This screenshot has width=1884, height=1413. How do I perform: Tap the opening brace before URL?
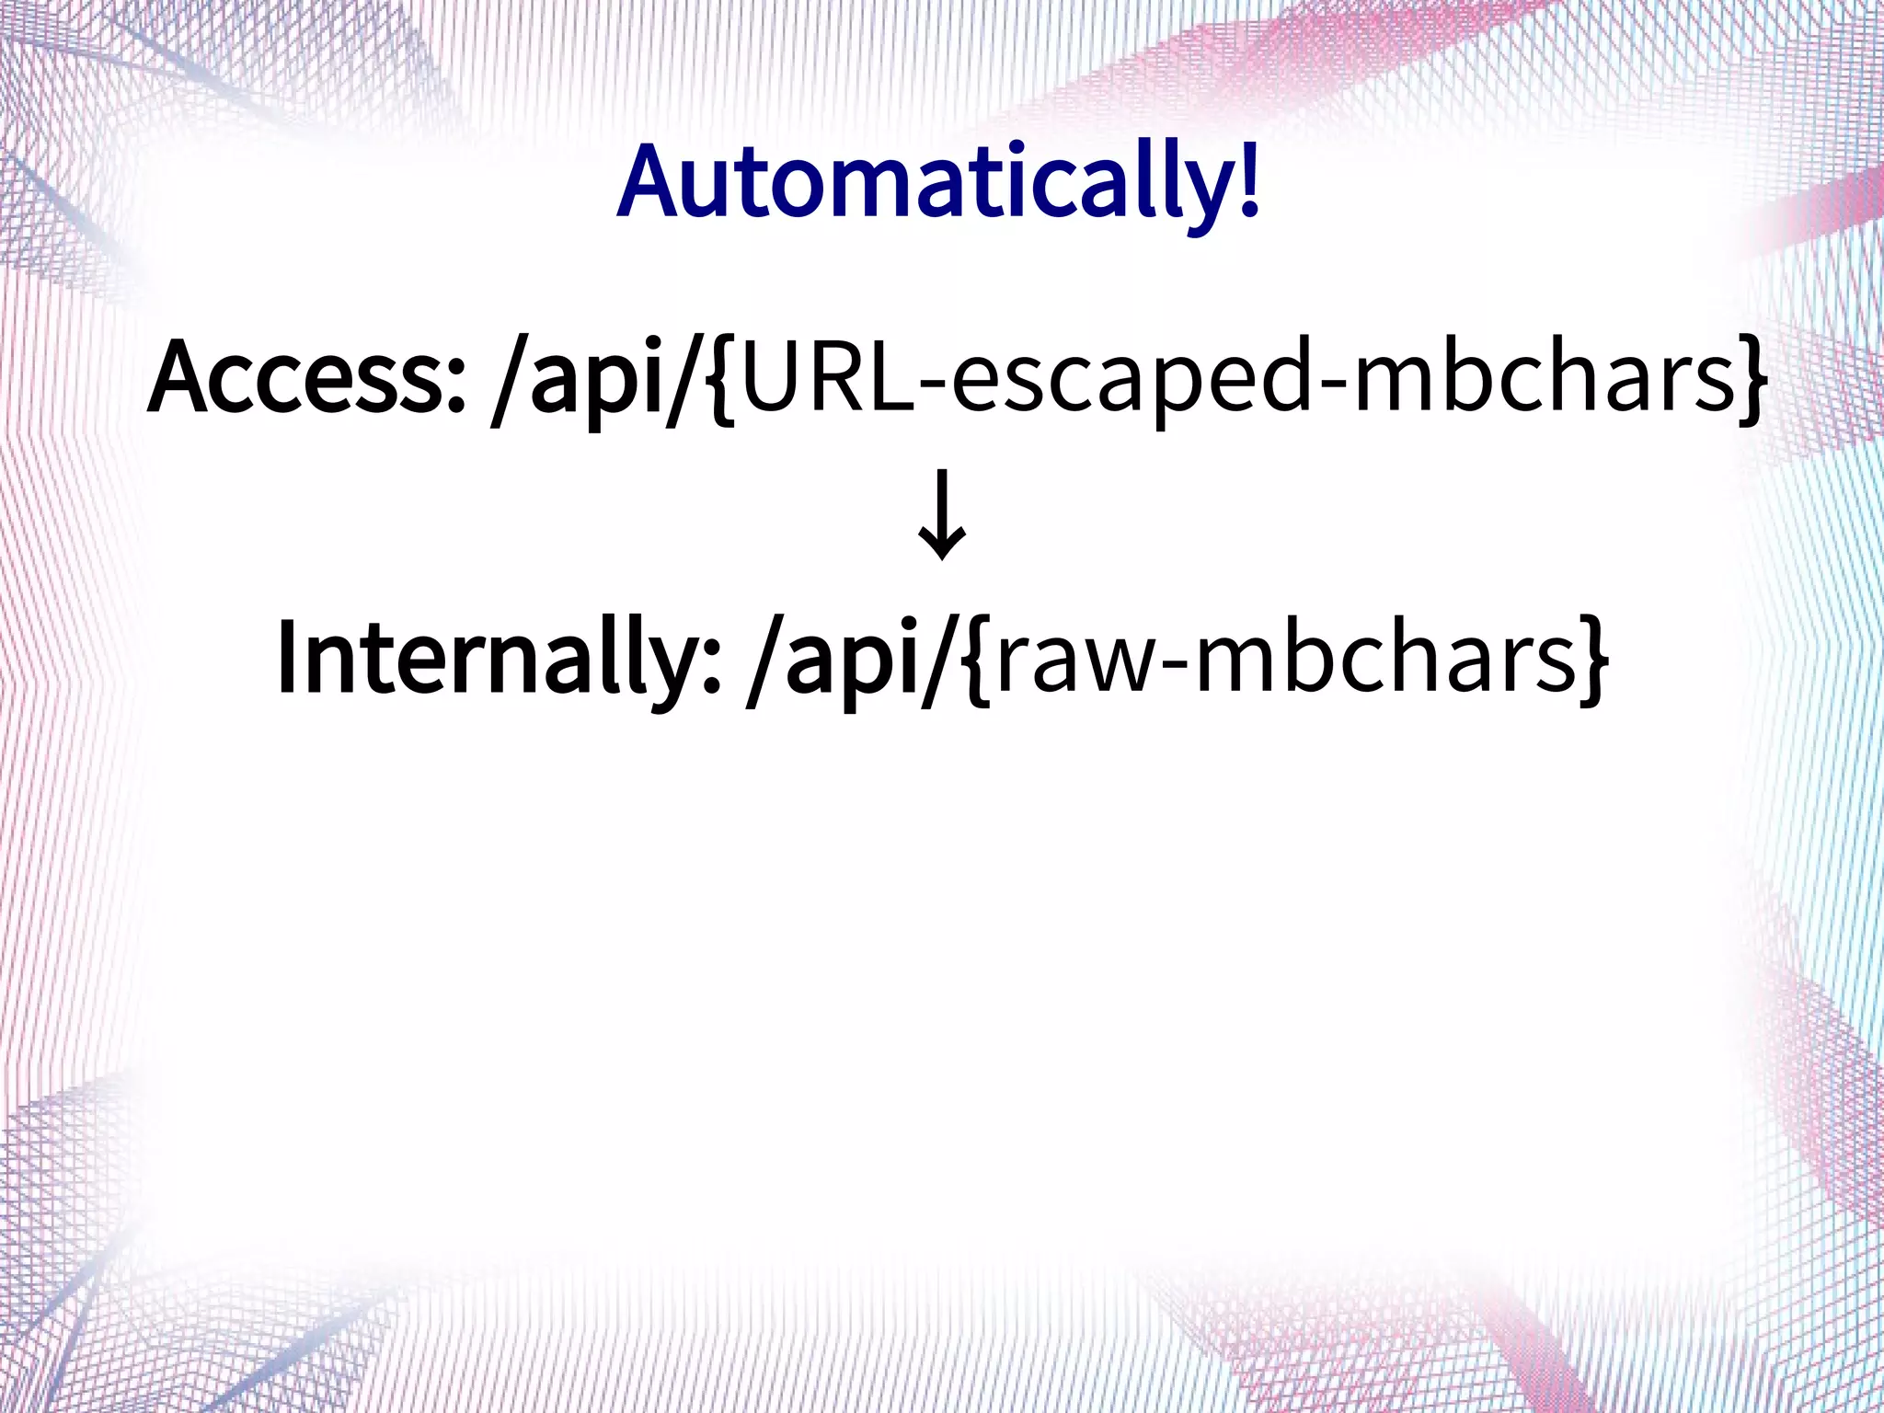click(x=723, y=382)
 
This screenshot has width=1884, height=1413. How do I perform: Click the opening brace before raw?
click(x=978, y=662)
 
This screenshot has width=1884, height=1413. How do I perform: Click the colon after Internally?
click(x=711, y=672)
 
